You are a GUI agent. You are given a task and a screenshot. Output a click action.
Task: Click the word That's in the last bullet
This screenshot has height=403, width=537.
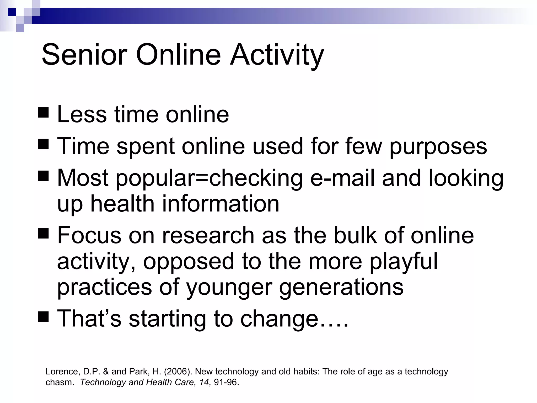coord(89,319)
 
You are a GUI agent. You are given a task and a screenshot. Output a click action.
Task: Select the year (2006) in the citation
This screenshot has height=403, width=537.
coord(178,372)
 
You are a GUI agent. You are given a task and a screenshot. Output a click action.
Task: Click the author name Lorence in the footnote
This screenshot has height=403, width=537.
coord(62,372)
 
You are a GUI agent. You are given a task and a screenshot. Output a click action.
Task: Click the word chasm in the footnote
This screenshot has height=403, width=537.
coord(59,382)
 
